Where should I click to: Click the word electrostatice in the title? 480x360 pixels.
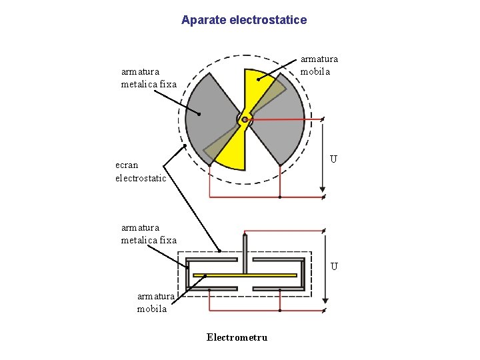(268, 20)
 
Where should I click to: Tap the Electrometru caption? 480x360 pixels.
(237, 337)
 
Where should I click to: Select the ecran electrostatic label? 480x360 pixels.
(141, 171)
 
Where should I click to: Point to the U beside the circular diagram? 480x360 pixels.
(333, 159)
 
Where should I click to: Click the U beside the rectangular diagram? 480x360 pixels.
(334, 267)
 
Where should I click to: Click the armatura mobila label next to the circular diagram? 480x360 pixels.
(319, 65)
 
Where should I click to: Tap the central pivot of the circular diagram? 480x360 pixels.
(245, 119)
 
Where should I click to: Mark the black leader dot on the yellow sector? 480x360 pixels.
(258, 79)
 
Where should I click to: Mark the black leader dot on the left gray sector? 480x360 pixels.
(199, 114)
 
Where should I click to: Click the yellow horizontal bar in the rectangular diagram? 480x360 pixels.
(244, 275)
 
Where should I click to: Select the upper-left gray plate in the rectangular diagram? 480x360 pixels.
(212, 259)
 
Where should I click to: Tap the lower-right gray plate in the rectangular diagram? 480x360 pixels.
(278, 289)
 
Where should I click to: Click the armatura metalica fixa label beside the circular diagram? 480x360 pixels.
(149, 78)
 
